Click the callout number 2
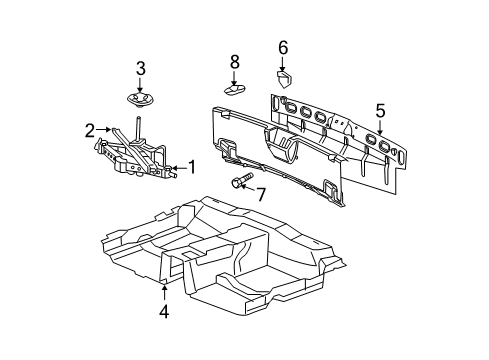(89, 129)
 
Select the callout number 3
(141, 68)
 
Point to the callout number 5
(379, 110)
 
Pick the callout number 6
(282, 47)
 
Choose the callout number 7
(261, 194)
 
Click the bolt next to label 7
(239, 182)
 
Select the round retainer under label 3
(141, 99)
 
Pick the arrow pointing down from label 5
(379, 126)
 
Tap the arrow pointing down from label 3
(141, 84)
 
